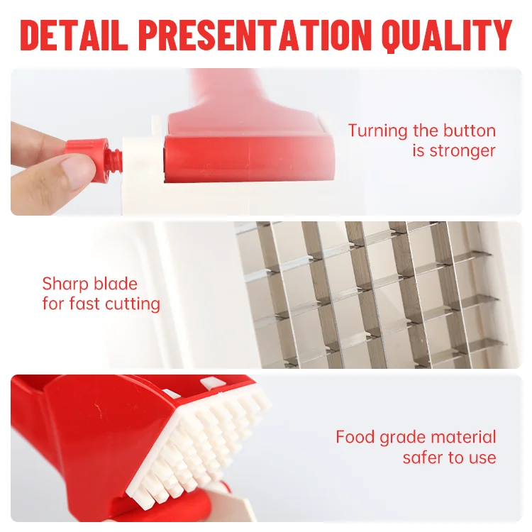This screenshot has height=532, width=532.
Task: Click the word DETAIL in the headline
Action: point(74,35)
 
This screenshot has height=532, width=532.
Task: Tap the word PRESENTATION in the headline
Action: point(255,35)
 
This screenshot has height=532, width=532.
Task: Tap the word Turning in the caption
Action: point(377,131)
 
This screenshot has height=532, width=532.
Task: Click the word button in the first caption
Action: point(470,131)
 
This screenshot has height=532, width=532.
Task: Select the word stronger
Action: point(462,151)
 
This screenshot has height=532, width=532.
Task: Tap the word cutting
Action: point(132,304)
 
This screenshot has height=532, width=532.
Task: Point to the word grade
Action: point(402,438)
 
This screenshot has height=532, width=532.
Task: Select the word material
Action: point(463,437)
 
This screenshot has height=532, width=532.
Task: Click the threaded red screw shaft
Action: point(114,160)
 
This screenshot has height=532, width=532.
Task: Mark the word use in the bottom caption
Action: point(482,459)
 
